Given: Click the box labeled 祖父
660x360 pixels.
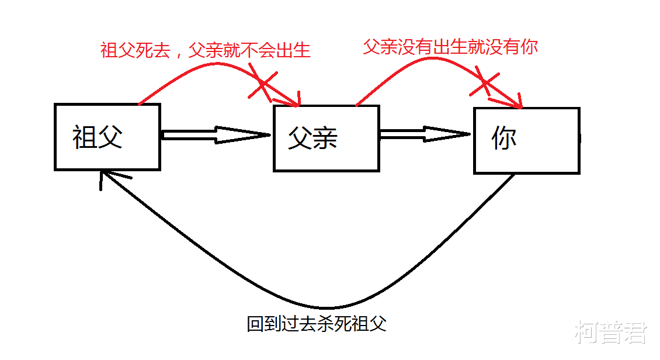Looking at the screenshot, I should point(107,137).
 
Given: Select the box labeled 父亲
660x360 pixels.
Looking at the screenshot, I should point(326,139).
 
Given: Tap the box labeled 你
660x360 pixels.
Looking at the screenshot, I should point(526,141).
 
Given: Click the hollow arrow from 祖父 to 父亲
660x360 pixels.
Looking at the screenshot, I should point(216,135).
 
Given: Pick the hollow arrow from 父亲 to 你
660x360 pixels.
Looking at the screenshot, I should point(424,135).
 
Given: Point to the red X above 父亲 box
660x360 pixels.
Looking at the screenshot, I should point(262,82).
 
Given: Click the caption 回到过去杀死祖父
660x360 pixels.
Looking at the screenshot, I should point(317,324).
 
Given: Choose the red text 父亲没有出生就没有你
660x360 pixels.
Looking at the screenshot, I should point(450,47).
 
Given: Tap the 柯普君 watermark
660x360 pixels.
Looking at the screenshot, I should point(611,333).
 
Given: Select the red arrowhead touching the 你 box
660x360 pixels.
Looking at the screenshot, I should point(514,103).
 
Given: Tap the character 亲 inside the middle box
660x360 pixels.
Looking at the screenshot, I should point(325,139).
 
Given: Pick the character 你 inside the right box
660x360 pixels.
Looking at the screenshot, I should point(504,139).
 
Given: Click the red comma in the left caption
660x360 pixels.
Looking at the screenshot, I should point(178,54).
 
